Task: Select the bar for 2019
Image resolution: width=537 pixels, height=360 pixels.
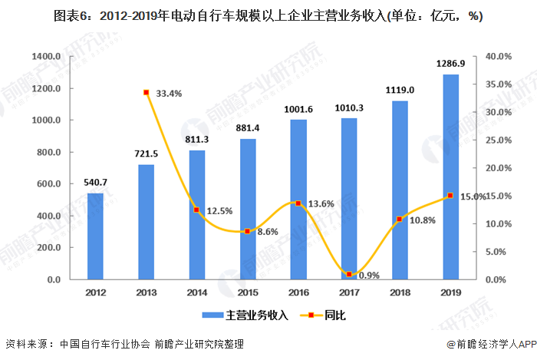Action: tap(450, 177)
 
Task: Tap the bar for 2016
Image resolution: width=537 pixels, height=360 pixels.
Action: tap(298, 200)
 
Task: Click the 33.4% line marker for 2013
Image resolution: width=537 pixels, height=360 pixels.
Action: tap(146, 93)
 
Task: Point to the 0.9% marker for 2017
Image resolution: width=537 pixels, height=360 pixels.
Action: tap(349, 274)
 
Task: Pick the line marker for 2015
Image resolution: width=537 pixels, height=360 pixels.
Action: tap(248, 231)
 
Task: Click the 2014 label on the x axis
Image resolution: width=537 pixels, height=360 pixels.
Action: tap(196, 292)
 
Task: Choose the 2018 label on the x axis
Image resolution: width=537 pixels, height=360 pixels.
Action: tap(400, 292)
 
